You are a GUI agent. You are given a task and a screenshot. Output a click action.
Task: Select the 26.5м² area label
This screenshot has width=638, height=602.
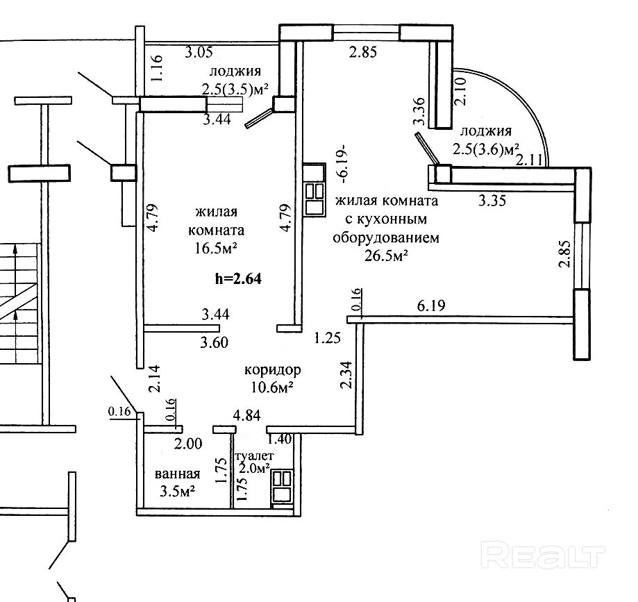386,256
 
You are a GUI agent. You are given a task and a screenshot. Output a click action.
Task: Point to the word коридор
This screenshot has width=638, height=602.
272,370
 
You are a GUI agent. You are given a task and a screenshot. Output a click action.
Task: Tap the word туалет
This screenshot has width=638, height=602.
255,456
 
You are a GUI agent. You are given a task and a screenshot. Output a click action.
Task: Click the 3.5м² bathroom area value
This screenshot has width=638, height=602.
174,492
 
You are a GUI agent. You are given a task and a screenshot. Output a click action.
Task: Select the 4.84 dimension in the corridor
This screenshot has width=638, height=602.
246,416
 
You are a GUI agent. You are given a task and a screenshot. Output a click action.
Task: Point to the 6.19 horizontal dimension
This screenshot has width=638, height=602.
431,305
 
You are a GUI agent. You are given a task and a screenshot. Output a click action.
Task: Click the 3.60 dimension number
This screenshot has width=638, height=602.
215,342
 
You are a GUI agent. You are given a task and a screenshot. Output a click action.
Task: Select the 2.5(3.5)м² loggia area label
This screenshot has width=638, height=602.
235,88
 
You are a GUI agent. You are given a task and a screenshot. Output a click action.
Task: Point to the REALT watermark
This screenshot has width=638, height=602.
543,555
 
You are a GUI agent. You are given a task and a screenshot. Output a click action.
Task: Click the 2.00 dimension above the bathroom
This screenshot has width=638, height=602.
187,444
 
